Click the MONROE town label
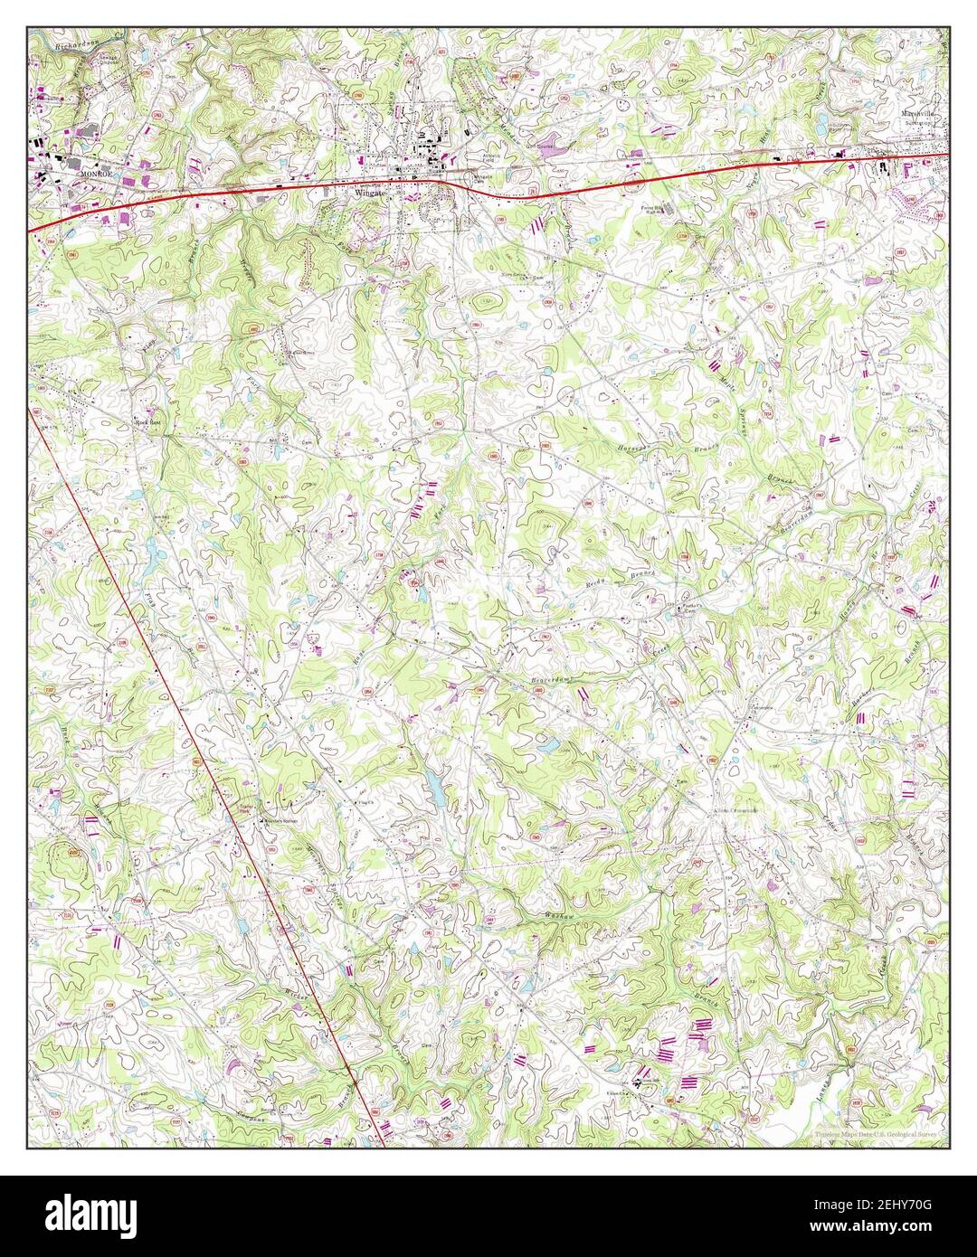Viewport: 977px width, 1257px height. point(93,173)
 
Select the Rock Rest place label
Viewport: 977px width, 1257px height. point(147,421)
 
